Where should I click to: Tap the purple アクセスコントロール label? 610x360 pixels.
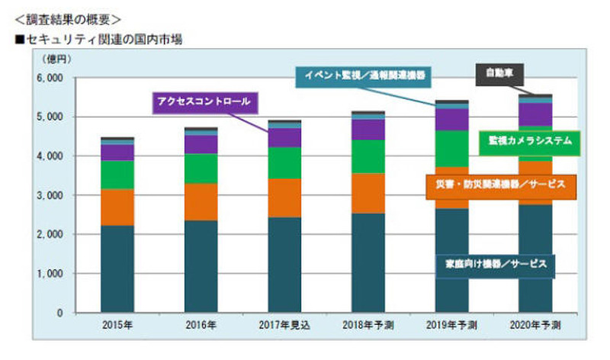pos(204,101)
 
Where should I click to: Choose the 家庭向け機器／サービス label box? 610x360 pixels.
pos(497,264)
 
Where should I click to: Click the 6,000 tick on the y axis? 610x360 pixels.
pos(49,79)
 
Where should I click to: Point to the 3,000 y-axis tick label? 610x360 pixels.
pos(49,196)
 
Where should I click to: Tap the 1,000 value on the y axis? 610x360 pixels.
pos(49,274)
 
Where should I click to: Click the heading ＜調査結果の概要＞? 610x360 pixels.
pos(62,16)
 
